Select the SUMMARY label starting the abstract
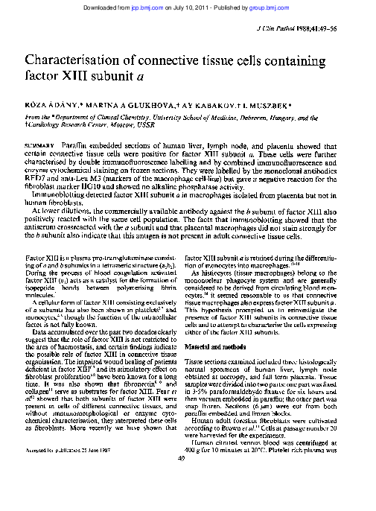(x=39, y=142)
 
